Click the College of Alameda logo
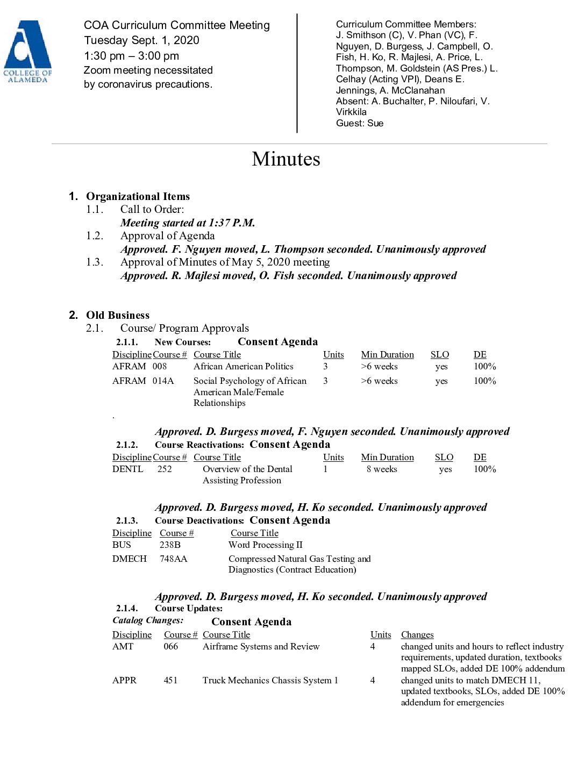(27, 51)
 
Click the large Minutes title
(286, 159)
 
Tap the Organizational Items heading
(138, 196)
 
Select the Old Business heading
(117, 315)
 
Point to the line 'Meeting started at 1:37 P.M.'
(188, 223)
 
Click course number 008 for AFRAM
(160, 367)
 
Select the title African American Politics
(243, 367)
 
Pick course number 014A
(163, 381)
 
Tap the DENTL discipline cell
(127, 469)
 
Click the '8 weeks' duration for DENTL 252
(382, 469)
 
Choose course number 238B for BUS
(170, 545)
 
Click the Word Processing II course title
(265, 545)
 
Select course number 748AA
(173, 559)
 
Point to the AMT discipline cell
(123, 647)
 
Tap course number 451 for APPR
(170, 681)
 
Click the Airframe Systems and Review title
(261, 647)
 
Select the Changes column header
(417, 635)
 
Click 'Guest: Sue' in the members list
(360, 123)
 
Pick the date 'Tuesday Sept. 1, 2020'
(141, 40)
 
